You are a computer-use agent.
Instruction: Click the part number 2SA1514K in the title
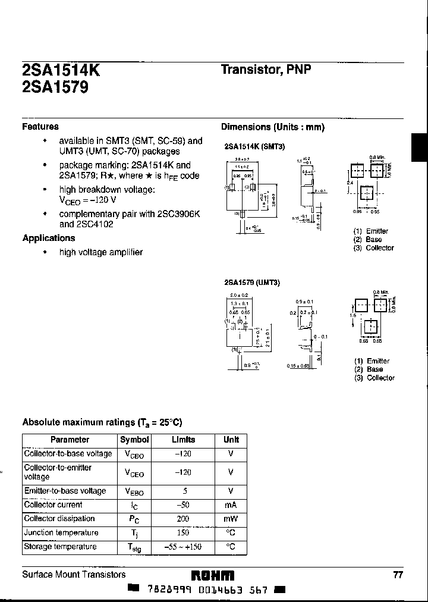point(61,71)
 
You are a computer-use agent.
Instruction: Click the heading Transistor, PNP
point(266,70)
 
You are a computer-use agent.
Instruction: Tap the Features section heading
point(40,127)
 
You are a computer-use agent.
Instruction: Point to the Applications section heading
point(49,238)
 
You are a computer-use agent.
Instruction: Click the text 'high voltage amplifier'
point(100,252)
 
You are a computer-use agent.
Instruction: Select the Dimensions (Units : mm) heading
point(273,127)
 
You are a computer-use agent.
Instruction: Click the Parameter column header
point(70,440)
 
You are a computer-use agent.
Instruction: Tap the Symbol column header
point(135,440)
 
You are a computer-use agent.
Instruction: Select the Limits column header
point(183,440)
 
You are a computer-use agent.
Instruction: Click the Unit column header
point(231,440)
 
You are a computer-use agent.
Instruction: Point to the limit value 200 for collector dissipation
point(183,519)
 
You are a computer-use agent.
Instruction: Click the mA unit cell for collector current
point(231,505)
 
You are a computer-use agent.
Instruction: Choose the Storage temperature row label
point(60,547)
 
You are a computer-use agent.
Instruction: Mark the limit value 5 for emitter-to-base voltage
point(185,491)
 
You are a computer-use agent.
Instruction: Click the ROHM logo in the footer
point(212,575)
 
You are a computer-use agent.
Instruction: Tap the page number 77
point(398,575)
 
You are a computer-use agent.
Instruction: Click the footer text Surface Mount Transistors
point(74,575)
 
